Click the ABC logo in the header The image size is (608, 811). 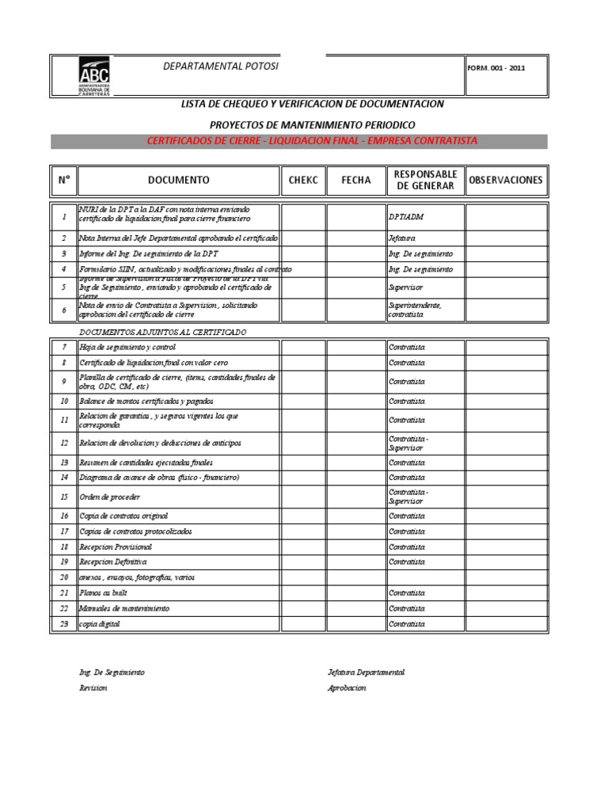[x=94, y=76]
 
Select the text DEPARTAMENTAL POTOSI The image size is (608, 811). [x=221, y=66]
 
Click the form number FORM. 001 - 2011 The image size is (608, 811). [x=496, y=68]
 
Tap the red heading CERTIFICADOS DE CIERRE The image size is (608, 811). [x=312, y=141]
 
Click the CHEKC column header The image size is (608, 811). [x=303, y=181]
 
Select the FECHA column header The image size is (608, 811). [x=355, y=181]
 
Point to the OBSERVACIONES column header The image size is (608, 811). [x=506, y=181]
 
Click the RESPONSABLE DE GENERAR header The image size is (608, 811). [x=424, y=181]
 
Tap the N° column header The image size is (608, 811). [x=64, y=181]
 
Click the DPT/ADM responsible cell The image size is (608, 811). [x=402, y=216]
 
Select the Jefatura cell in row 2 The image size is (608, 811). [x=401, y=238]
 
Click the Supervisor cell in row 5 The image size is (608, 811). [x=405, y=288]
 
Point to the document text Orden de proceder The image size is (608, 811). [x=110, y=497]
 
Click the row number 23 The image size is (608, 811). [x=64, y=624]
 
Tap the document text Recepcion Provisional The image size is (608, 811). [x=116, y=547]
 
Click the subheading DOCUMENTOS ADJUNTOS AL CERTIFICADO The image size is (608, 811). [x=162, y=332]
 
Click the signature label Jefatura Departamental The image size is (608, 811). [x=366, y=672]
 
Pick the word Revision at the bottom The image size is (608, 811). [x=93, y=688]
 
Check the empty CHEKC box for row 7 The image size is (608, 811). [x=303, y=348]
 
